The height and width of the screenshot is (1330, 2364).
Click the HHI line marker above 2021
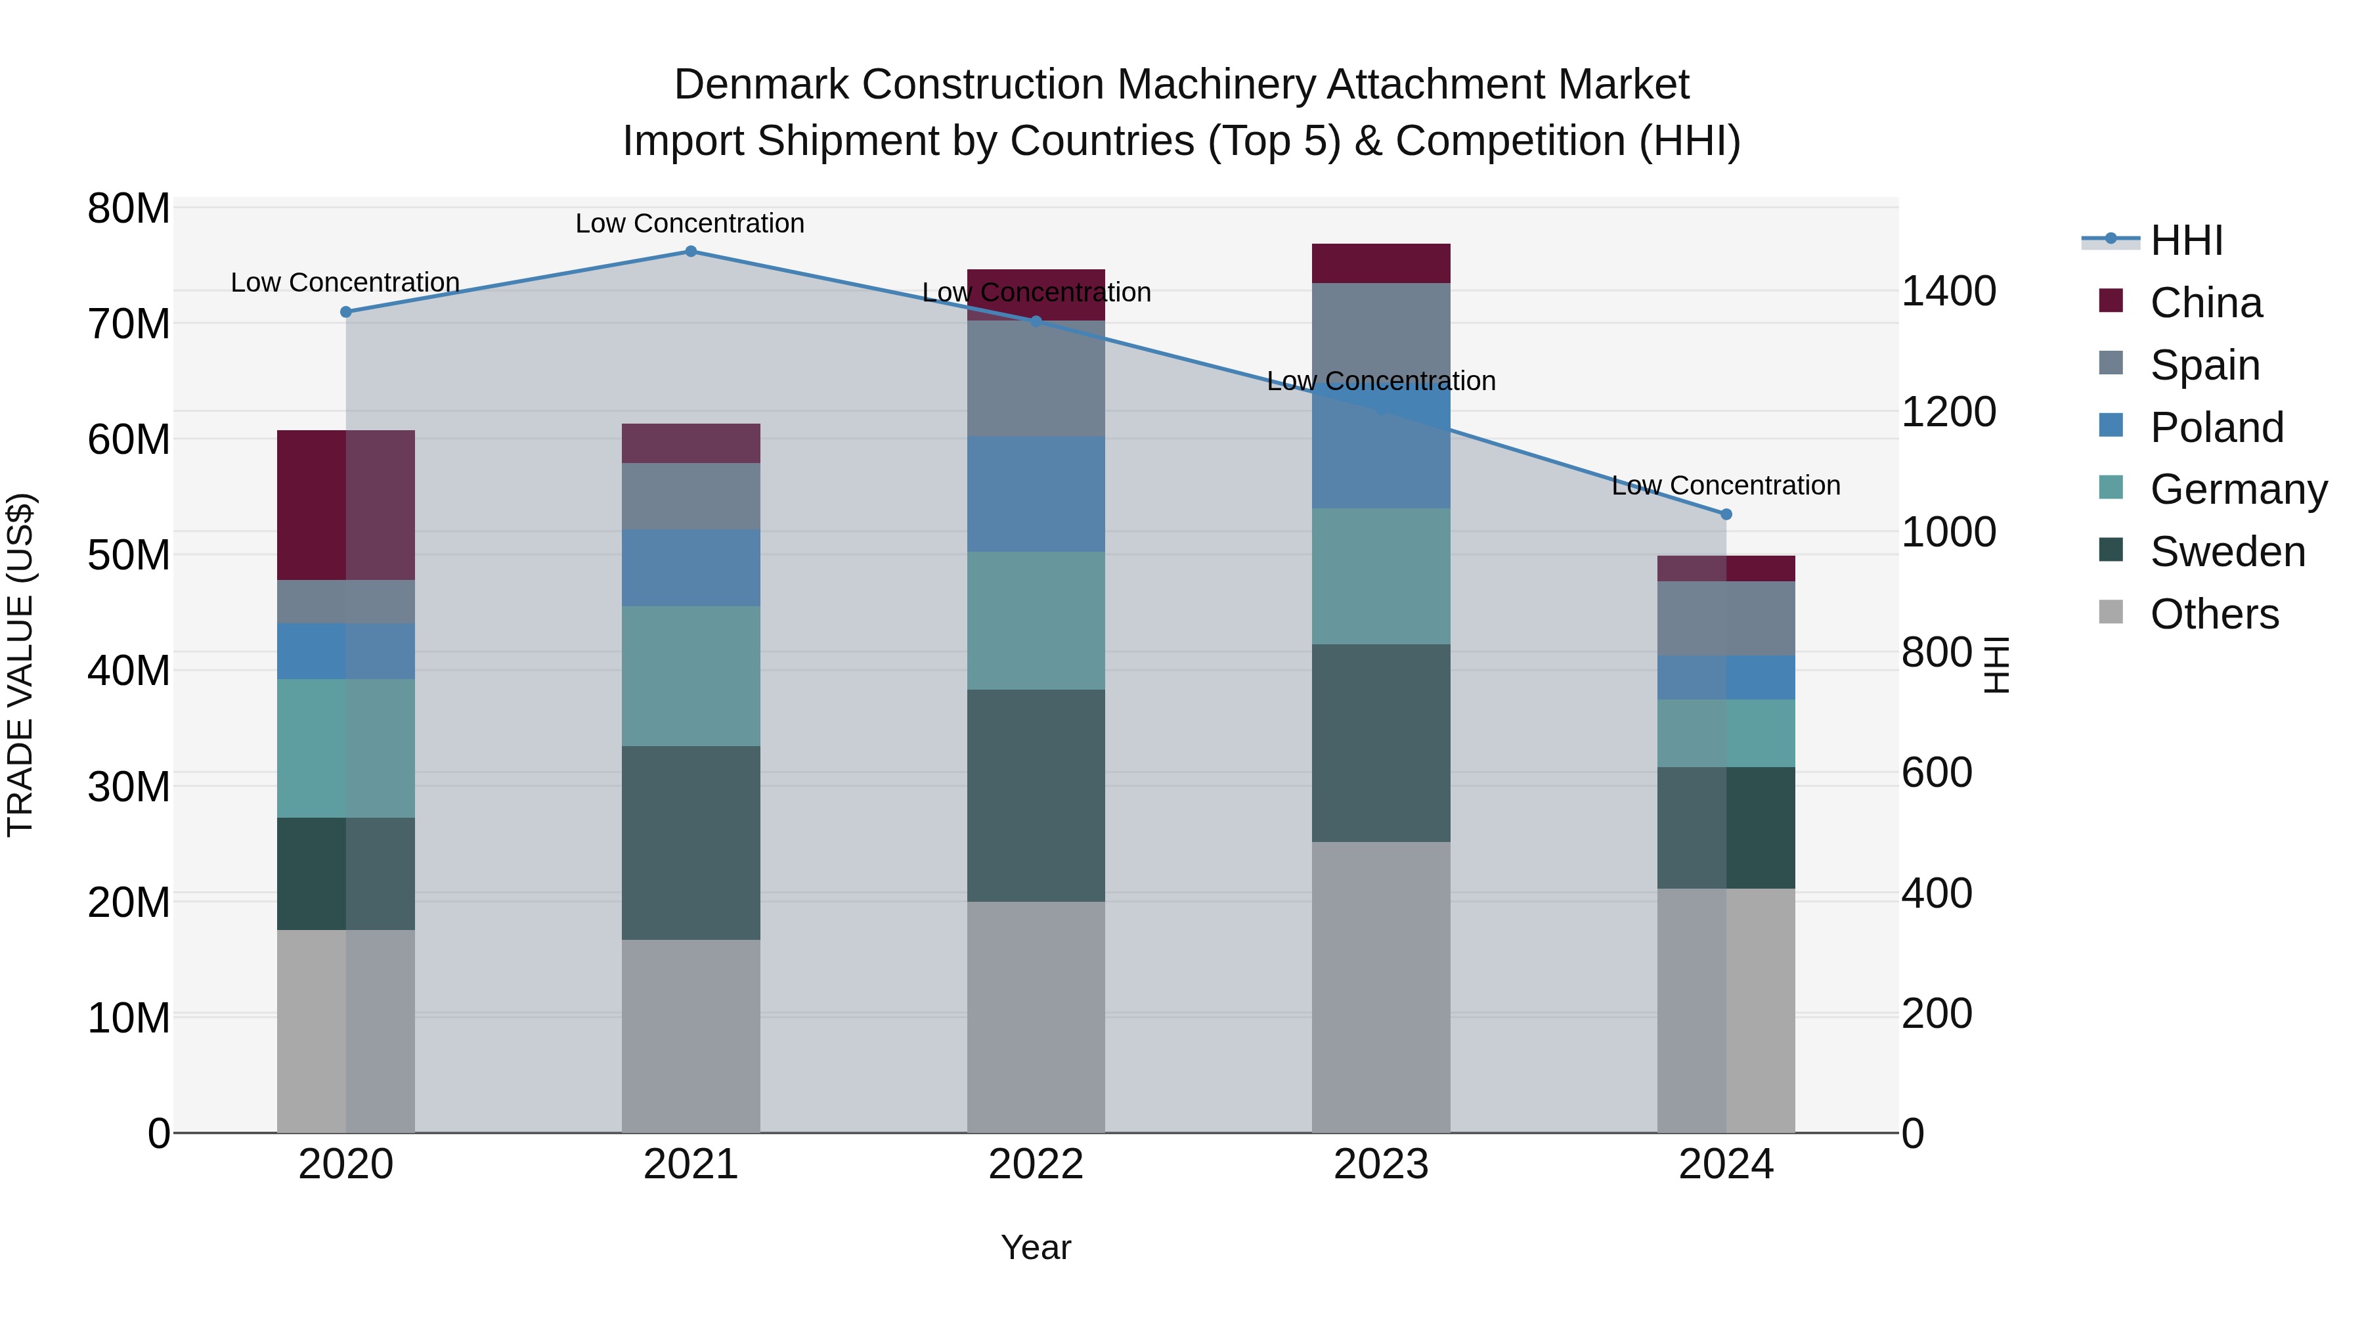691,252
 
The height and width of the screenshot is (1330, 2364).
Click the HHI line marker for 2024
1726,515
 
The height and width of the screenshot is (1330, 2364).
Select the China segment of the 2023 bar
1381,263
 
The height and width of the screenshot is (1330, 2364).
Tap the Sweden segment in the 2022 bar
1036,796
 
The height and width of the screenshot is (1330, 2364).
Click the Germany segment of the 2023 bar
1381,577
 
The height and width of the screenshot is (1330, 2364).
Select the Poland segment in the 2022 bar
1036,494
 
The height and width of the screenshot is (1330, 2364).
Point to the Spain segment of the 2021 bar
691,497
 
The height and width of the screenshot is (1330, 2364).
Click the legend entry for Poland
2216,428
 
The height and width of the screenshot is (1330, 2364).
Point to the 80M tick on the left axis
129,210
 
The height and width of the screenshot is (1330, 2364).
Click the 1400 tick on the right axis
1948,292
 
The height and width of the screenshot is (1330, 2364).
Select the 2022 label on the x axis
1036,1164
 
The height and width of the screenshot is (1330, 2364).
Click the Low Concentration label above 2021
690,223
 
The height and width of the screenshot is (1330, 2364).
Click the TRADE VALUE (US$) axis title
20,665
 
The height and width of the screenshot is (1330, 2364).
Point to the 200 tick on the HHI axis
1937,1014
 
